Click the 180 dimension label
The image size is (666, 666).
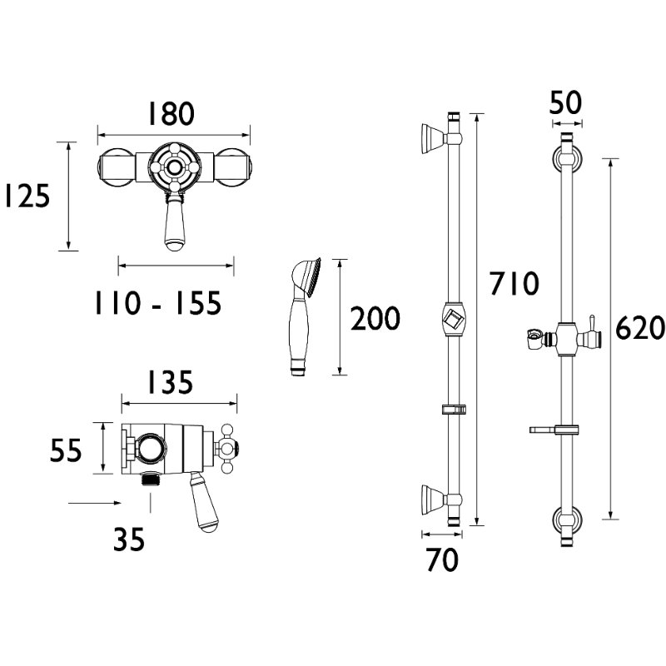(171, 113)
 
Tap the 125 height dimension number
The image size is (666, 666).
(27, 196)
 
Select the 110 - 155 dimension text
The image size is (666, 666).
(158, 303)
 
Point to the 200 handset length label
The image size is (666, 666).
(375, 319)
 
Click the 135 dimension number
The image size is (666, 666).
(170, 382)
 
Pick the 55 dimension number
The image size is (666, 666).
(66, 450)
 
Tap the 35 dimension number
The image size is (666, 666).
(129, 539)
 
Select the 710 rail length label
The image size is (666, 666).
(514, 283)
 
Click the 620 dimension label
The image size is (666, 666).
(639, 328)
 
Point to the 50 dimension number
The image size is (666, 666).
(565, 102)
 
